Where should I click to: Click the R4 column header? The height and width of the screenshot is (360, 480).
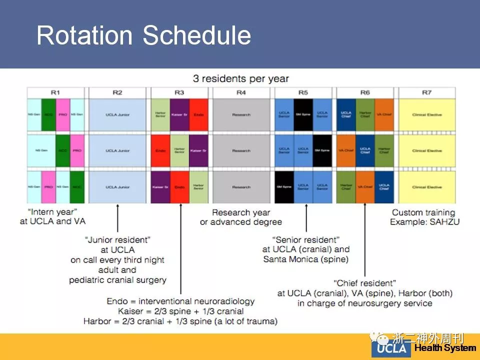[x=241, y=92]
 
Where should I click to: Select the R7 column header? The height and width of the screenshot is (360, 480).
[x=426, y=92]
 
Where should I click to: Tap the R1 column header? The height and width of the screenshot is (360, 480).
[x=55, y=92]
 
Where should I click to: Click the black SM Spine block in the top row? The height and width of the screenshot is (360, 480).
[x=303, y=114]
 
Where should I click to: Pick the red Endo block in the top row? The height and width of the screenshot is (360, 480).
[x=198, y=114]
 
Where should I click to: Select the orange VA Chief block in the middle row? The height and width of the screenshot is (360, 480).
[x=346, y=150]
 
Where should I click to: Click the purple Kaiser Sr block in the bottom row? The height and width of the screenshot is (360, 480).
[x=160, y=187]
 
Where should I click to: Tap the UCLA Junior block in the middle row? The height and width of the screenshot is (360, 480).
[x=117, y=150]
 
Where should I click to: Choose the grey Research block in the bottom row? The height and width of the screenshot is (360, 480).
[x=241, y=187]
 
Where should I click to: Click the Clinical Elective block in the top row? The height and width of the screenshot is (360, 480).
[x=426, y=114]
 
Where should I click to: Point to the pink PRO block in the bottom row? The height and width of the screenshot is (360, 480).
[x=48, y=187]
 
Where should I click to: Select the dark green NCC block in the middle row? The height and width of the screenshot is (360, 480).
[x=62, y=150]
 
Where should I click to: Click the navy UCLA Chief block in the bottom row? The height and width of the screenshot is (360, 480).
[x=384, y=187]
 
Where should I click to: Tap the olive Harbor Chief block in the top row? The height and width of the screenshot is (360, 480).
[x=365, y=114]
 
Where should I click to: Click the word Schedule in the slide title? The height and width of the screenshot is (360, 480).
[x=196, y=36]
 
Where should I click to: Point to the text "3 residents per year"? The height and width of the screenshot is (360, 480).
[x=241, y=79]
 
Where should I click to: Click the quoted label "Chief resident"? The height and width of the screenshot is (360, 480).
[x=365, y=283]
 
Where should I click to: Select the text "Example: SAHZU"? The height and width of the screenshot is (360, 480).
[x=424, y=222]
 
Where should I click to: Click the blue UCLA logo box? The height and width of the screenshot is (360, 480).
[x=391, y=348]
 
